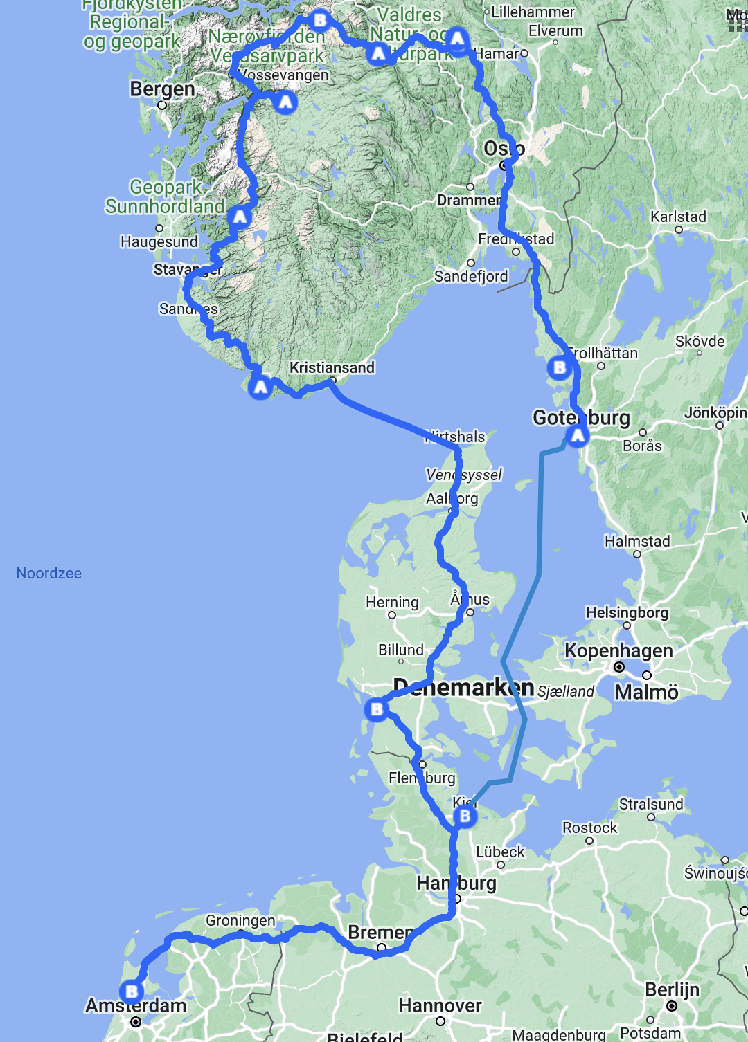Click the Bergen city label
point(162,89)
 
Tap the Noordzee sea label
point(48,573)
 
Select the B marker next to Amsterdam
point(132,991)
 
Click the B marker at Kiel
point(465,816)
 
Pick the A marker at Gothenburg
point(578,436)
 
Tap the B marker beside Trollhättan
point(560,367)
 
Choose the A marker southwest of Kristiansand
point(260,387)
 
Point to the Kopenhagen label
point(618,650)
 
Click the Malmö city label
point(646,692)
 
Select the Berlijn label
point(672,989)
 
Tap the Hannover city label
point(440,1005)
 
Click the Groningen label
point(240,921)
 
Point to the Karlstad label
point(678,217)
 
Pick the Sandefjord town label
point(471,276)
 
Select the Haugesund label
point(159,241)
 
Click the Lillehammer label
point(533,12)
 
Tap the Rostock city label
point(589,828)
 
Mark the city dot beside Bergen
point(162,105)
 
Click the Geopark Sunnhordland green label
point(165,196)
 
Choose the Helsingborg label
point(627,612)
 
